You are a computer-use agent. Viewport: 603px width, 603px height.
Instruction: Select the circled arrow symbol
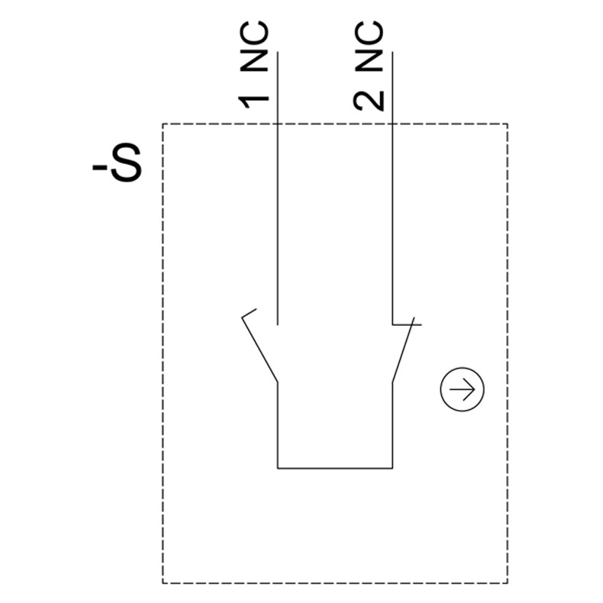[x=463, y=390]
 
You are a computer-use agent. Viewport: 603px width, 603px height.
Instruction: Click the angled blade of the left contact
[x=261, y=350]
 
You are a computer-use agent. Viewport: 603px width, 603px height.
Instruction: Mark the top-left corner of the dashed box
[x=163, y=124]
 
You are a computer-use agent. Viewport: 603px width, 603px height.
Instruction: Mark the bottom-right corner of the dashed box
[x=508, y=583]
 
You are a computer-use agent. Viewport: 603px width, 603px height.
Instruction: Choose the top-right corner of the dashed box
[x=508, y=124]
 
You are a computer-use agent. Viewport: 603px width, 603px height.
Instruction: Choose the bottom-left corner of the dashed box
[x=163, y=583]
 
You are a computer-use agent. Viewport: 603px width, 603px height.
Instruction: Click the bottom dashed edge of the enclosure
[x=336, y=583]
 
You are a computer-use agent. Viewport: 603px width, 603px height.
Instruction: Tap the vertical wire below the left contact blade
[x=277, y=424]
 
